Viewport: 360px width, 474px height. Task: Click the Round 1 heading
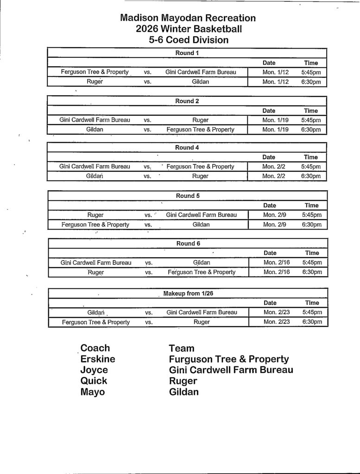[187, 53]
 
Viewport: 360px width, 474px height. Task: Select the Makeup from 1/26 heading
[188, 293]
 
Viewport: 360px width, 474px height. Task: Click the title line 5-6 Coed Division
[189, 40]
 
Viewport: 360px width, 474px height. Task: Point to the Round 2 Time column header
[311, 111]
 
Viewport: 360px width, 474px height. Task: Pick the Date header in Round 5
[270, 205]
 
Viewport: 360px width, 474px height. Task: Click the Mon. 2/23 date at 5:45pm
[276, 312]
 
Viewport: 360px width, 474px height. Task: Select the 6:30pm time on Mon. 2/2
[311, 176]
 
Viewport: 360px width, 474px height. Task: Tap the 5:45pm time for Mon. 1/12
[311, 72]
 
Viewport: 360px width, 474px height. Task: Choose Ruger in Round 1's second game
[95, 82]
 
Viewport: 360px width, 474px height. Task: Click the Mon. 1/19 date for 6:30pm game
[275, 130]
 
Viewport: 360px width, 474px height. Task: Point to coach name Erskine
[98, 359]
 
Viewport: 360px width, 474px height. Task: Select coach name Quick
[94, 381]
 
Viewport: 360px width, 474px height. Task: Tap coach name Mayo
[93, 392]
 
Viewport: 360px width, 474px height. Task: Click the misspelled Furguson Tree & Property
[229, 359]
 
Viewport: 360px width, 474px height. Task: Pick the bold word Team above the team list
[182, 348]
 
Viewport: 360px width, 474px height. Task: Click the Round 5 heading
[188, 196]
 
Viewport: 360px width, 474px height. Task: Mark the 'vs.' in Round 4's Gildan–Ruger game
[147, 176]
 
